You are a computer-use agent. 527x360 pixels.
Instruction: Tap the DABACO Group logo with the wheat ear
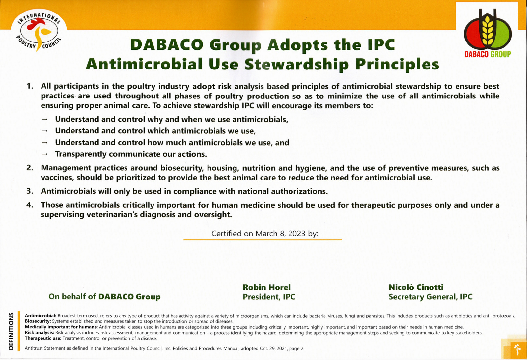[x=487, y=33]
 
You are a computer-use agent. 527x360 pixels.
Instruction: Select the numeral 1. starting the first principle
[x=30, y=86]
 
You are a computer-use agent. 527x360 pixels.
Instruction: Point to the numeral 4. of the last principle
[x=30, y=205]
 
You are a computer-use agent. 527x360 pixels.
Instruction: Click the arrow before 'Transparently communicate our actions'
[x=44, y=154]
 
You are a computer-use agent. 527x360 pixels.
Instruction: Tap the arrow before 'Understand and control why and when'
[x=44, y=119]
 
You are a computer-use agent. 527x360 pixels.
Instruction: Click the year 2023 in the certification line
[x=296, y=234]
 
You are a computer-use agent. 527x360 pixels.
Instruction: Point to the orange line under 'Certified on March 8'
[x=263, y=240]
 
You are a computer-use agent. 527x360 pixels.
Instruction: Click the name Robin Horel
[x=266, y=287]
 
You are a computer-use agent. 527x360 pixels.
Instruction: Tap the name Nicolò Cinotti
[x=416, y=287]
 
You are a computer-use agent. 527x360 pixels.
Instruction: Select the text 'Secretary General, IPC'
[x=430, y=297]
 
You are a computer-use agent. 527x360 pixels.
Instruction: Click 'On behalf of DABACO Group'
[x=104, y=297]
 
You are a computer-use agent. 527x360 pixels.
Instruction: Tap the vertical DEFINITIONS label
[x=11, y=331]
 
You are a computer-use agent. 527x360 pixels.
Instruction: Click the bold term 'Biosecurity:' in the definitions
[x=38, y=321]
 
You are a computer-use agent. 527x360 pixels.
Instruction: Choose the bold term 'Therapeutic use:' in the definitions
[x=43, y=338]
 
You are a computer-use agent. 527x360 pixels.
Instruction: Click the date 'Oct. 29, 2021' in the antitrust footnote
[x=273, y=348]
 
